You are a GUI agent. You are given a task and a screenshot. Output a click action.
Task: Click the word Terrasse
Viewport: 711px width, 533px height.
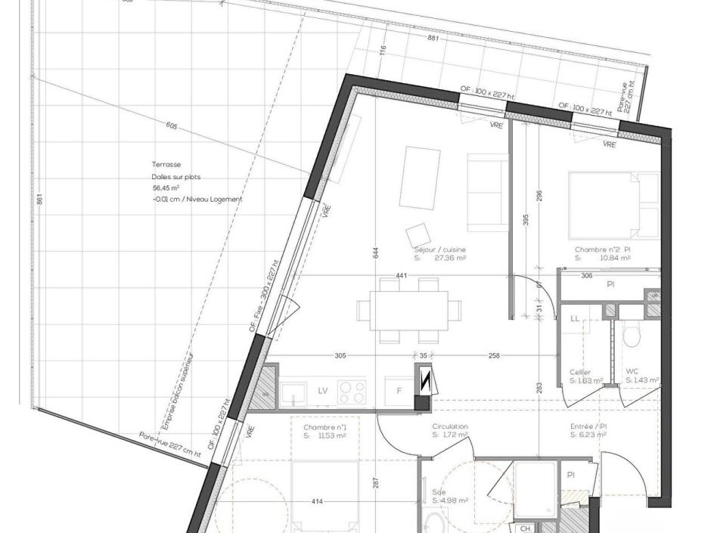166,164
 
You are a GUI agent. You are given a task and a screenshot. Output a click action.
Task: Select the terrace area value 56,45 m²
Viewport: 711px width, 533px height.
166,187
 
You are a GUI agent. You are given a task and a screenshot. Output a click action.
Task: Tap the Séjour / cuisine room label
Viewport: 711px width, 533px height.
439,249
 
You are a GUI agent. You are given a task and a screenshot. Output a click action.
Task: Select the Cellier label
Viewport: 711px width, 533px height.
580,373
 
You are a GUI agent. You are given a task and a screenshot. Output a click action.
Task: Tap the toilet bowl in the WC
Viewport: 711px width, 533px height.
632,334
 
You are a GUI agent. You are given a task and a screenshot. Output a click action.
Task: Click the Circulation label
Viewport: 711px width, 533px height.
449,426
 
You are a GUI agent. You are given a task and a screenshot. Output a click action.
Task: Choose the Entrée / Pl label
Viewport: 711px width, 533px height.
588,426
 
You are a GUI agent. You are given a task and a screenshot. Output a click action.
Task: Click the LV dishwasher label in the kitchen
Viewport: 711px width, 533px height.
323,390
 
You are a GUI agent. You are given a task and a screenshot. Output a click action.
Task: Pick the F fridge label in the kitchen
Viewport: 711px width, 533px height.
399,390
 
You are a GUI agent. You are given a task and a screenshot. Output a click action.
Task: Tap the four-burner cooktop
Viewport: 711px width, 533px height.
351,391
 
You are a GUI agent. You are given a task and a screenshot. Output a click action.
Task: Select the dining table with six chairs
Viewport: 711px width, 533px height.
408,310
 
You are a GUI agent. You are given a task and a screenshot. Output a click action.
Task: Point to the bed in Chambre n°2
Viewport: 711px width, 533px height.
613,203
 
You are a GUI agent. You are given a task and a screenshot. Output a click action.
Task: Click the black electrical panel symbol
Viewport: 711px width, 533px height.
424,381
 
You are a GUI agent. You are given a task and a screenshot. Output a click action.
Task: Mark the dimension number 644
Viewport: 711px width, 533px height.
376,253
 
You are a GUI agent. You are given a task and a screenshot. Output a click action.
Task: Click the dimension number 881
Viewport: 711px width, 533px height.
433,37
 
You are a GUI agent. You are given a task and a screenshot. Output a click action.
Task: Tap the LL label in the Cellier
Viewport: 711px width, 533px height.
575,320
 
